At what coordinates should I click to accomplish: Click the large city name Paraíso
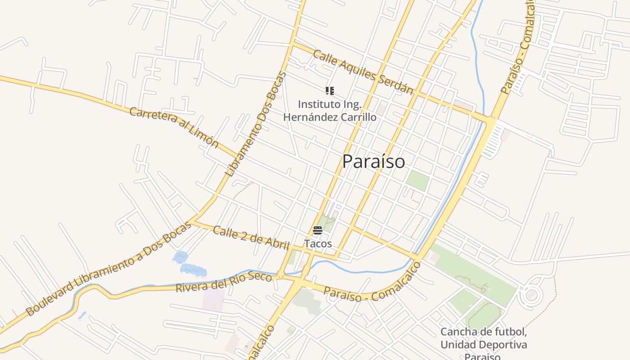tap(373, 162)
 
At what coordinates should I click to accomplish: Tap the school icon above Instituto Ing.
tap(330, 91)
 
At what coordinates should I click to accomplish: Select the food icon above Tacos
tap(318, 231)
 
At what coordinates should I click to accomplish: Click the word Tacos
tap(318, 244)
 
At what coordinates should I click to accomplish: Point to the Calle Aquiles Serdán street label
tap(363, 72)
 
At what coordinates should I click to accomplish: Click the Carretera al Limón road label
tap(174, 127)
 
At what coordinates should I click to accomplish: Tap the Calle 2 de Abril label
tap(251, 238)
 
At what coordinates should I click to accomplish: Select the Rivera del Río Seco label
tap(224, 281)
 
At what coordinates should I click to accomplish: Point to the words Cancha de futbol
tap(483, 332)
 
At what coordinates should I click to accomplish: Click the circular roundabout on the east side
tap(531, 295)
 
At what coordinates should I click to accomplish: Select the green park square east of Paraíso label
tap(418, 180)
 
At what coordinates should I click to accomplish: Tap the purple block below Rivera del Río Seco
tap(213, 300)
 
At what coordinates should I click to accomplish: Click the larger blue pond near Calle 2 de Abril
tap(193, 270)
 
